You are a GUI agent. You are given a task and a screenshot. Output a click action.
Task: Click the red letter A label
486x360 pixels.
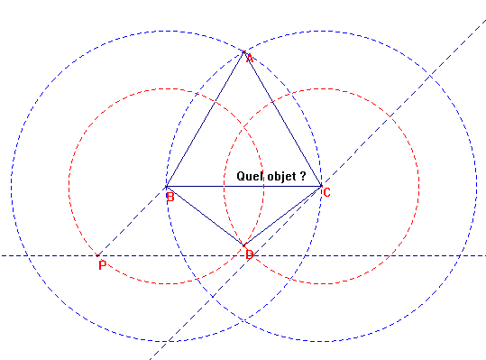point(249,59)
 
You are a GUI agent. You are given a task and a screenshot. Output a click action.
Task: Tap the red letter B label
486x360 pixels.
point(170,197)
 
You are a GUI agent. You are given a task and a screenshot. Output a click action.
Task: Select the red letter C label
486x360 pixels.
point(326,193)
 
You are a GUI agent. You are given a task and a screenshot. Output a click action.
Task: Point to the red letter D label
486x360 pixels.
point(250,255)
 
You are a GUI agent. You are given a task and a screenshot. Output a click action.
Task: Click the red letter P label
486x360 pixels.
point(103,265)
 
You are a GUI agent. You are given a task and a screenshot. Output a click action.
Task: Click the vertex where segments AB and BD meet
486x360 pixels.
point(166,187)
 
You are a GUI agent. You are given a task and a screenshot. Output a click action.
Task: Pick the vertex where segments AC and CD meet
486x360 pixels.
point(322,187)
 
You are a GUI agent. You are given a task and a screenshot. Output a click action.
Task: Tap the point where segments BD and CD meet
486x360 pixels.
point(243,245)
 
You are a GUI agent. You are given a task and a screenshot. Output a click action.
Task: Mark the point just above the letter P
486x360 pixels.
point(97,255)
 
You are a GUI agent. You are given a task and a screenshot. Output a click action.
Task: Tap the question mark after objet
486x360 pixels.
point(303,176)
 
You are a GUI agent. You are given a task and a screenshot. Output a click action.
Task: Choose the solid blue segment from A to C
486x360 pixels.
point(282,118)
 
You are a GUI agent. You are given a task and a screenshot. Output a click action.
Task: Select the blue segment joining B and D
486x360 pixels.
point(205,216)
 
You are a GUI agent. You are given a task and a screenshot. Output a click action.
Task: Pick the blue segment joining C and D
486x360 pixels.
point(282,216)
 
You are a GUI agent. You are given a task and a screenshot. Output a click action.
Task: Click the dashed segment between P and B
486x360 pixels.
point(132,221)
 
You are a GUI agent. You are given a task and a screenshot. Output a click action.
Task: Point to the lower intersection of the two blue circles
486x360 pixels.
point(243,321)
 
